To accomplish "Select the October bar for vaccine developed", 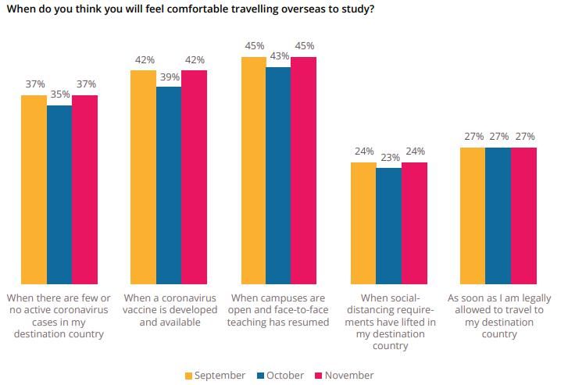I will pos(169,185).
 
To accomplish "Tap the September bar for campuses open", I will pos(254,170).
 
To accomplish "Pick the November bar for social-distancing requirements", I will pos(414,223).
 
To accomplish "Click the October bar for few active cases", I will pos(59,194).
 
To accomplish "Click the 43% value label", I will pos(279,56).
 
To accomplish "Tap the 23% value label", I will pos(389,158).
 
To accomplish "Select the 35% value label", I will pos(59,94).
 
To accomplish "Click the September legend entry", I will pos(215,376).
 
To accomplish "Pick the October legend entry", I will pos(279,376).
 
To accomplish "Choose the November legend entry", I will pos(344,376).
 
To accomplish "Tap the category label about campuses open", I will pos(280,310).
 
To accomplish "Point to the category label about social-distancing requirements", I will pos(390,322).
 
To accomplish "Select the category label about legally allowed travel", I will pos(498,316).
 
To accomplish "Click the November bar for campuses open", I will pos(304,170).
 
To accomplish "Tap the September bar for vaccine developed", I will pos(143,177).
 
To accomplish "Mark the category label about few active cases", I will pos(59,316).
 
